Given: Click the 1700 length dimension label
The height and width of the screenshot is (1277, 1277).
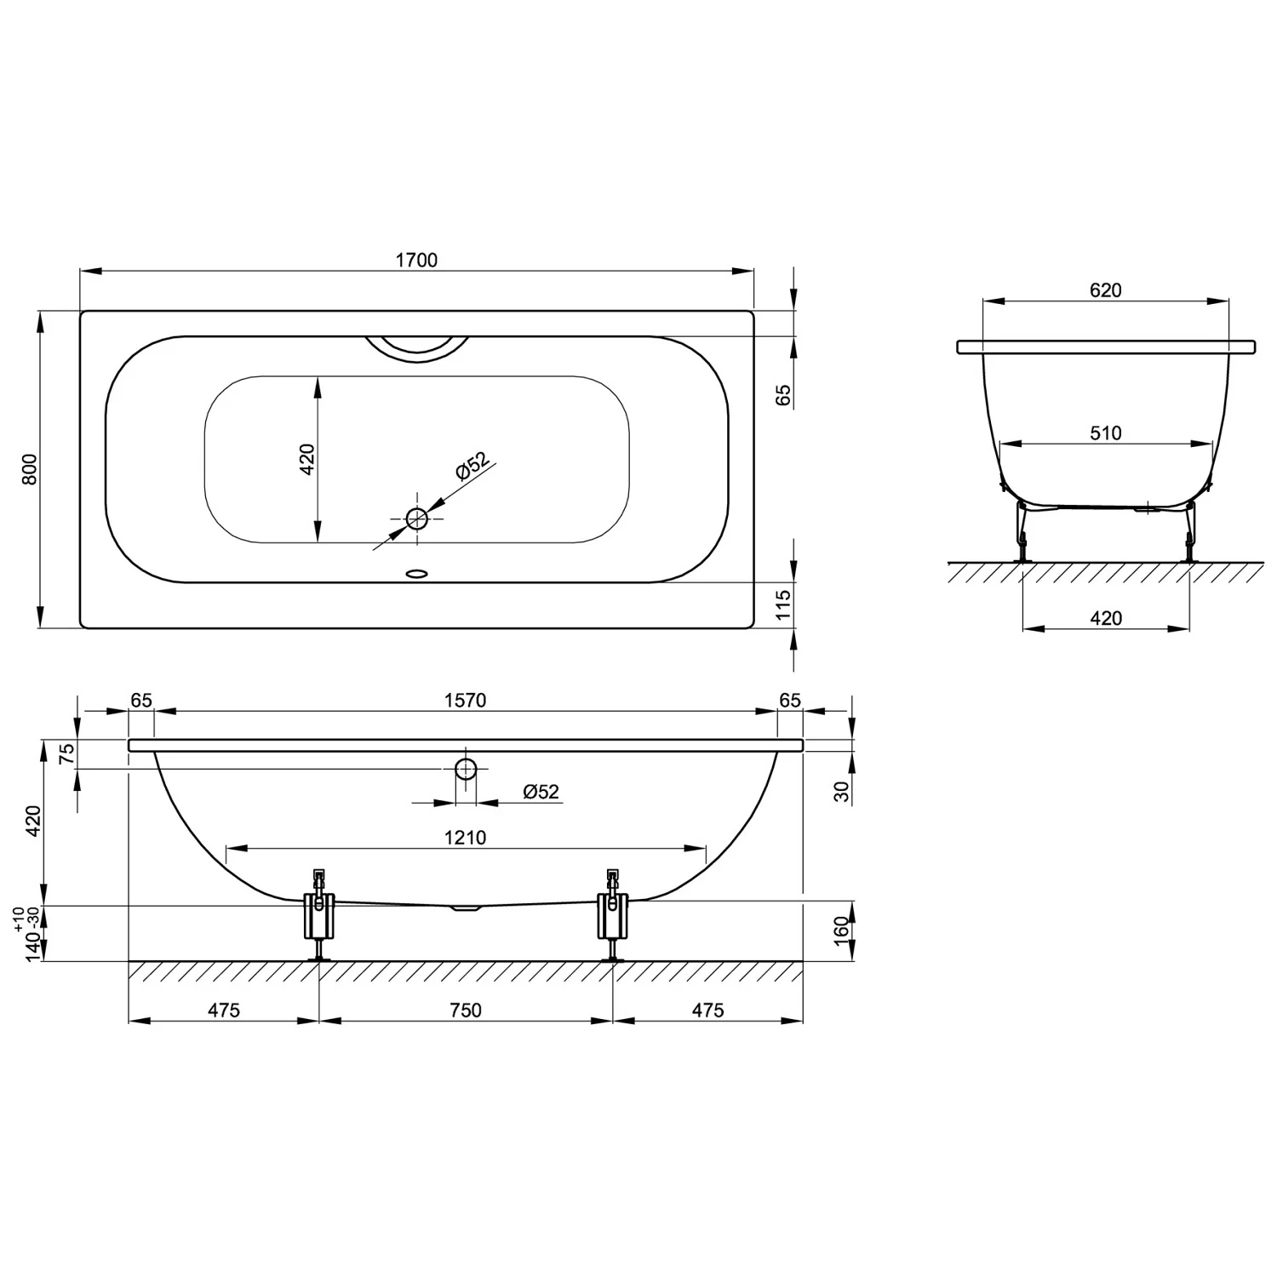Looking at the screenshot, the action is point(416,260).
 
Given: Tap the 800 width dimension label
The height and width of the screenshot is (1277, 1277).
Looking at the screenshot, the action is point(30,470).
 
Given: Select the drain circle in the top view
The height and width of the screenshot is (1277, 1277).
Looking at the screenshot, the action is point(417,518).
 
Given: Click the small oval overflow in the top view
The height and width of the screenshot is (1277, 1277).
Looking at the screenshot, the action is point(417,574).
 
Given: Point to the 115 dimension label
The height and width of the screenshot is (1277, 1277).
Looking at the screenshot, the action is point(783,605).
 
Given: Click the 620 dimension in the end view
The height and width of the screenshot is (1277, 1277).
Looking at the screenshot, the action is point(1105,290).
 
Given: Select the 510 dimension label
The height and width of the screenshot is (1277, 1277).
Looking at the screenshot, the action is point(1105,433).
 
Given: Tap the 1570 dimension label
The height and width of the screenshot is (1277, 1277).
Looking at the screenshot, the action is point(465,700).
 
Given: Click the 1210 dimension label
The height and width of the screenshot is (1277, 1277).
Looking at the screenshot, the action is point(465,838).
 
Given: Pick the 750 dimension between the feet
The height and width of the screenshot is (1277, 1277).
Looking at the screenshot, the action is point(465,1010).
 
